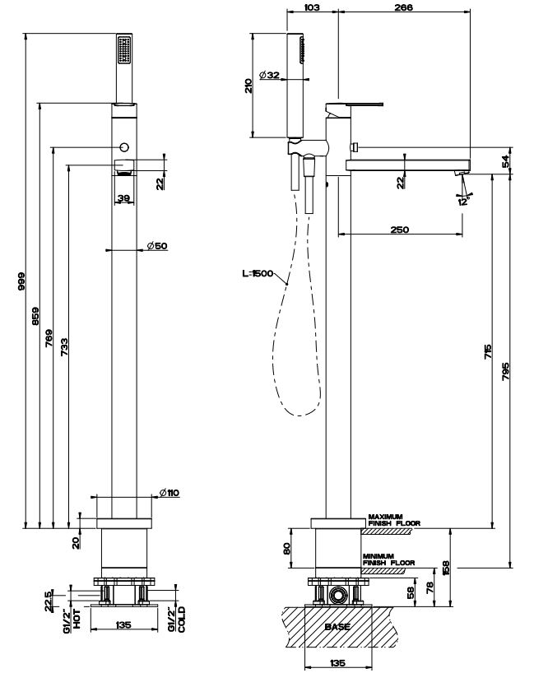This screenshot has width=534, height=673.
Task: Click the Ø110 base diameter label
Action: coord(169,493)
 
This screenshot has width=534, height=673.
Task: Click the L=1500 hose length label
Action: coord(258,274)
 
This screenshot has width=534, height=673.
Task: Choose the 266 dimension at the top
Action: coord(403,7)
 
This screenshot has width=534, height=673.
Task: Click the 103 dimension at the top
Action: coord(312,7)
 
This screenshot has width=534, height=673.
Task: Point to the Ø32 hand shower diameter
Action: coord(269,76)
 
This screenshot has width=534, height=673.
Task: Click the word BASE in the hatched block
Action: coord(337,627)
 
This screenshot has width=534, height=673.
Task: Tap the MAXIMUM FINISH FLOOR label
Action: coord(395,519)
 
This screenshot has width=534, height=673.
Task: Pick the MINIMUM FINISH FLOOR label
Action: coord(388,559)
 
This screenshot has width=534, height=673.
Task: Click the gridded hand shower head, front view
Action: coord(124,50)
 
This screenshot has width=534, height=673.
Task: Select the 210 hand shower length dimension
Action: coord(249,85)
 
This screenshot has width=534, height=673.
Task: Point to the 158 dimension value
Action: coord(446,568)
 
